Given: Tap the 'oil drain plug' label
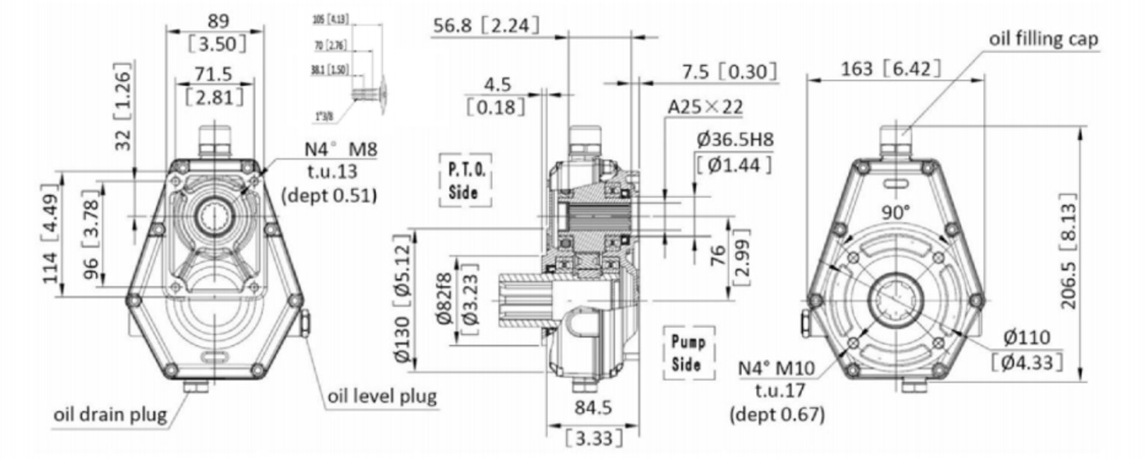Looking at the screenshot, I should tap(110, 413).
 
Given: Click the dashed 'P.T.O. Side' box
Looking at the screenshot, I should tap(462, 180).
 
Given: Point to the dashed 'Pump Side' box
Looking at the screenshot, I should tap(687, 353).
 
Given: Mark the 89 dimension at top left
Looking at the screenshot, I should tap(216, 20).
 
